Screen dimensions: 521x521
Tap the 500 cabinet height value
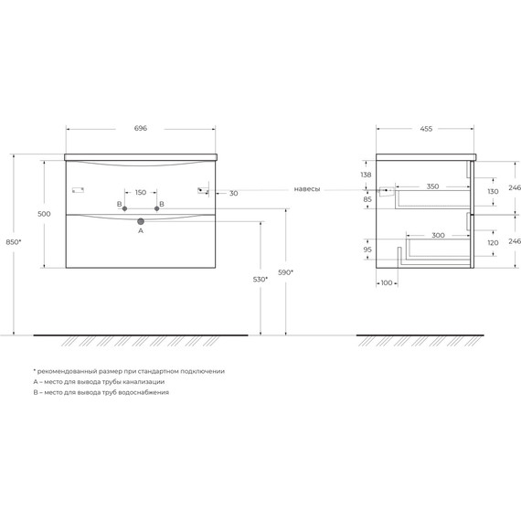click(43, 213)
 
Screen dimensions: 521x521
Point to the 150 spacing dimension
click(141, 193)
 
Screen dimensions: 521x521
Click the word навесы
click(307, 189)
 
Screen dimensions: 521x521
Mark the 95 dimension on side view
click(367, 249)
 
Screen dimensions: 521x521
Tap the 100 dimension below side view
click(387, 282)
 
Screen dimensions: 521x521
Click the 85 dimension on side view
click(367, 199)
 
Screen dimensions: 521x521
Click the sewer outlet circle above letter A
click(141, 220)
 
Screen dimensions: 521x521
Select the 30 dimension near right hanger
click(233, 193)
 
